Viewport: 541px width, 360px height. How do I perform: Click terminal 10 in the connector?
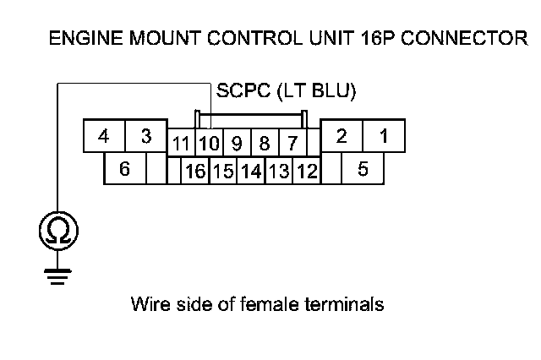209,143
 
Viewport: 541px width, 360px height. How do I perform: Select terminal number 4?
103,136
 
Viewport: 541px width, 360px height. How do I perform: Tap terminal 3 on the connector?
145,136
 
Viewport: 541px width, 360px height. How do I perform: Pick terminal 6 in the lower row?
124,169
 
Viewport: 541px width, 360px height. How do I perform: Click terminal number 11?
180,143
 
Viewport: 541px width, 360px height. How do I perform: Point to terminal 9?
237,143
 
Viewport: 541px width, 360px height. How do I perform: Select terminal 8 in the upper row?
265,143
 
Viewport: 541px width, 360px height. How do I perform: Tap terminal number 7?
292,143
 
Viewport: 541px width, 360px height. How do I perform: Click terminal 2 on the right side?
342,136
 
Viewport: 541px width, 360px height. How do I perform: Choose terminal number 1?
383,136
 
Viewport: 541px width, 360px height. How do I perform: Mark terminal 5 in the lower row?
363,169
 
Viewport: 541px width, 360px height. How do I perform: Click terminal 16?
195,172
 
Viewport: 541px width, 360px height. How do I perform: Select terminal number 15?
223,172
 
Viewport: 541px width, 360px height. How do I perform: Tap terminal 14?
251,172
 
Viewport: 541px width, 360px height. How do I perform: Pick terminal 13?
279,172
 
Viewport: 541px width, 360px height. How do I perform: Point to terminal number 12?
306,172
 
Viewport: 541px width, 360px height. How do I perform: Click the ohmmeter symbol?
58,230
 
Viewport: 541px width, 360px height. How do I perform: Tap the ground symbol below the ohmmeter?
58,277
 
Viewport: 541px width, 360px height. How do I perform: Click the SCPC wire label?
287,90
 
